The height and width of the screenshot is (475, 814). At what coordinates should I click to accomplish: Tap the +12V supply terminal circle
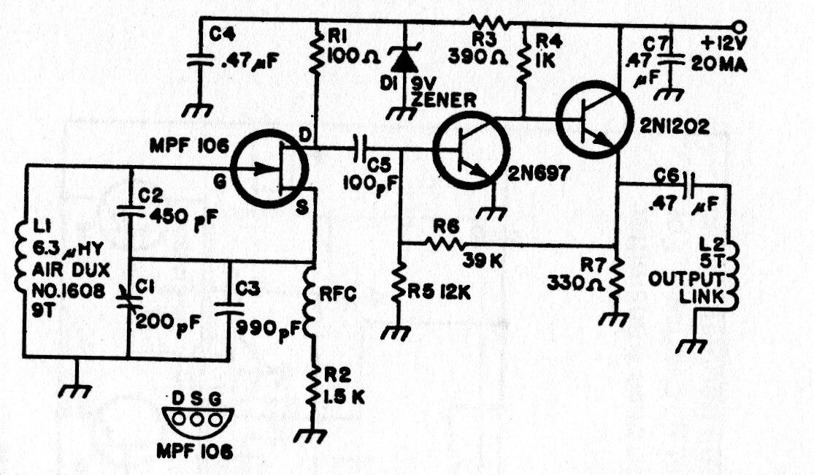pos(739,26)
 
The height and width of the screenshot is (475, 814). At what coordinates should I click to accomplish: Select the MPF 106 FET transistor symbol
pos(269,170)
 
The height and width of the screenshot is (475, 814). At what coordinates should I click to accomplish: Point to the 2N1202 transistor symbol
pos(594,119)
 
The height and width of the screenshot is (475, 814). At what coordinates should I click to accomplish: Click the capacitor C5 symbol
pos(361,148)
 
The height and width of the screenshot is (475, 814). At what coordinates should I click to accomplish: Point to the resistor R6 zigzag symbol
pos(444,242)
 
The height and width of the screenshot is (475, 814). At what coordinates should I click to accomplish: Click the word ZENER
pos(444,100)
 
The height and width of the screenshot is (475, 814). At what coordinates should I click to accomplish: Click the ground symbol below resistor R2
pos(310,435)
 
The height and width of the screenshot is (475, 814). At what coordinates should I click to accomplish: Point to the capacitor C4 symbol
pos(200,60)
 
